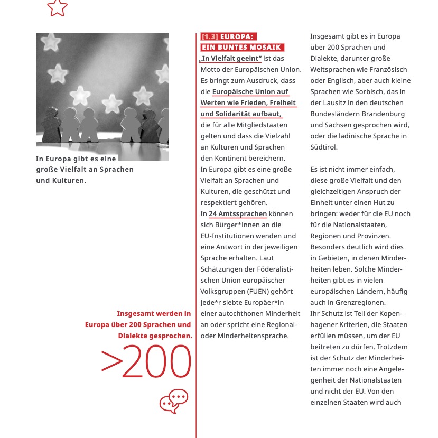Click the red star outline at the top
57,7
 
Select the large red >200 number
146,362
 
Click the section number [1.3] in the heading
210,36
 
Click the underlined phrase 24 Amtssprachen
238,214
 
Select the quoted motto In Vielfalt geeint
231,59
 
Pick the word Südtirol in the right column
323,147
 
